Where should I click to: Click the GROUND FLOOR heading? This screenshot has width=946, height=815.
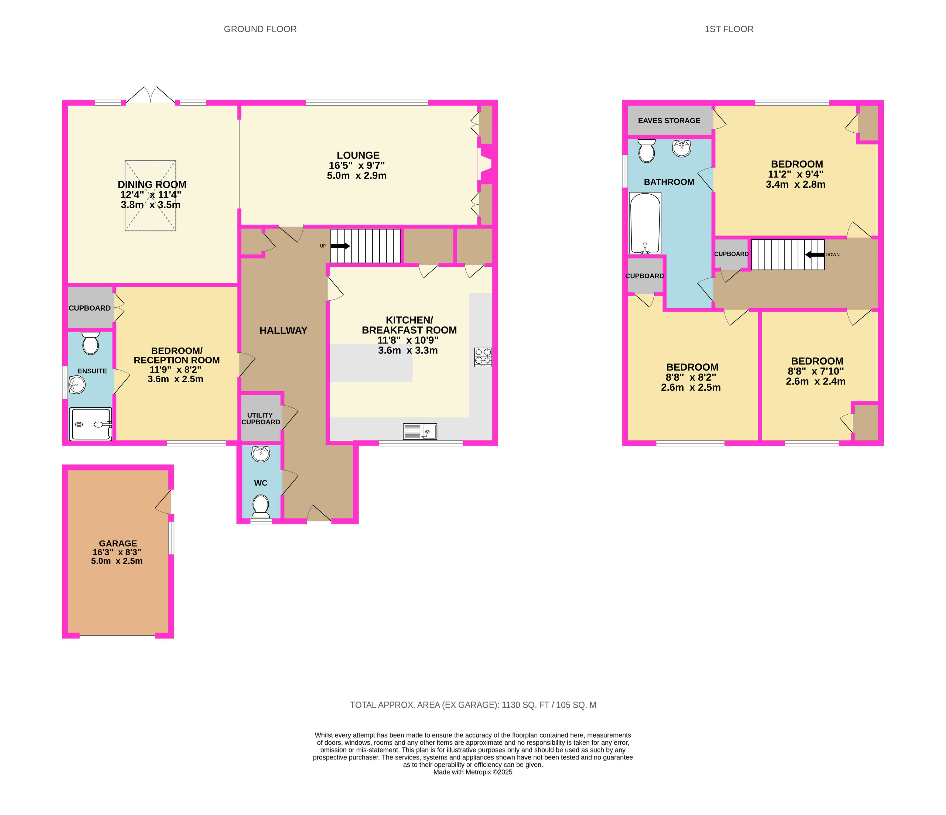(260, 29)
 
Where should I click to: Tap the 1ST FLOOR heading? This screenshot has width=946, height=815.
(729, 29)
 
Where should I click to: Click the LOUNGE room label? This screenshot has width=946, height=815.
(358, 156)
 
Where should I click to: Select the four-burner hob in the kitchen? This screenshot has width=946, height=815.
(483, 357)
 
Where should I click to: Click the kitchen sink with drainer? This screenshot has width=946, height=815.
(419, 431)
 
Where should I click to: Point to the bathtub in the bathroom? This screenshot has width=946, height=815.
(645, 223)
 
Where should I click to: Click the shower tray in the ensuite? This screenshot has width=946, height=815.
(90, 424)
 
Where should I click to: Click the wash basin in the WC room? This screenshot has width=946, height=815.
(261, 453)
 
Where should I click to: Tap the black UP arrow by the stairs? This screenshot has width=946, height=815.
(340, 246)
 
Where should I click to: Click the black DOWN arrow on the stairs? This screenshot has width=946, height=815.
(815, 255)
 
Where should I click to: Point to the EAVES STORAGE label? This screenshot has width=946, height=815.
(669, 121)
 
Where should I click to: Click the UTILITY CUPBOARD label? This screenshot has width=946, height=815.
(261, 418)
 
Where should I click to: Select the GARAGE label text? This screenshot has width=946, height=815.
(118, 544)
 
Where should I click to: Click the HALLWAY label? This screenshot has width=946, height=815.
(284, 330)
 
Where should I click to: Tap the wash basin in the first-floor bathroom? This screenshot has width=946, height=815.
(682, 148)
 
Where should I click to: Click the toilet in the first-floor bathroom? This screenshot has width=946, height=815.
(647, 151)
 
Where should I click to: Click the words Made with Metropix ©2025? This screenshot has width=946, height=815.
(473, 772)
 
